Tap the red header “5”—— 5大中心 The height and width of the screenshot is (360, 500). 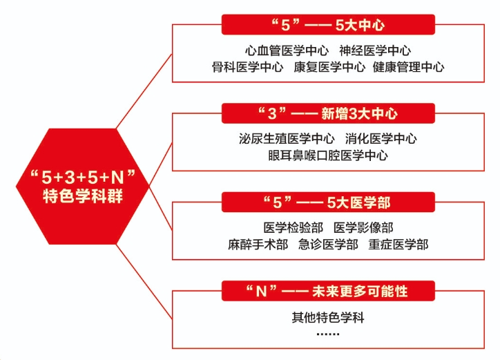(328, 26)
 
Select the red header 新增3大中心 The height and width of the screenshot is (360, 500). (328, 113)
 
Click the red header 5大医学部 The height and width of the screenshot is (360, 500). (328, 202)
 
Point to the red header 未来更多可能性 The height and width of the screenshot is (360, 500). (328, 290)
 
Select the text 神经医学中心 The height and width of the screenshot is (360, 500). (375, 50)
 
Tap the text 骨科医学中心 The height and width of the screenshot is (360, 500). (247, 67)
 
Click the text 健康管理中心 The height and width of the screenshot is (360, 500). (408, 67)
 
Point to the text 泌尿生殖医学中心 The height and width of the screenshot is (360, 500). (287, 138)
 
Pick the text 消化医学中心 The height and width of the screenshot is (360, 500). (384, 138)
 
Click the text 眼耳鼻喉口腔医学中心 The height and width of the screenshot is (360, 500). (328, 155)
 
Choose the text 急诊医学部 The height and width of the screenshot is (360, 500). (328, 245)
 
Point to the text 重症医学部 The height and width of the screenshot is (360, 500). (398, 245)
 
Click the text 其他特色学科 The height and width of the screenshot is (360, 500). (328, 319)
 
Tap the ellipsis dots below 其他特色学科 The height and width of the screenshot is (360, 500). (328, 334)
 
